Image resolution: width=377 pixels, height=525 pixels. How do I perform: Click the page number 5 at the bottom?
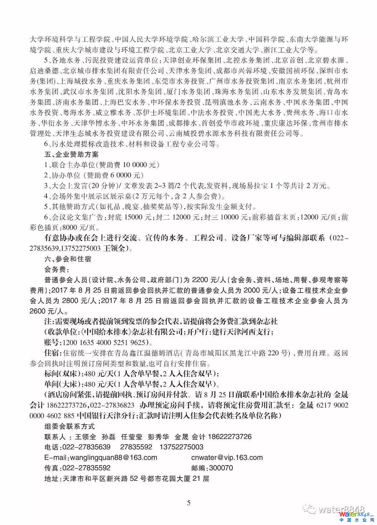pyautogui.click(x=188, y=503)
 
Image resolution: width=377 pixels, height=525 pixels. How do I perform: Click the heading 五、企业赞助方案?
pyautogui.click(x=71, y=154)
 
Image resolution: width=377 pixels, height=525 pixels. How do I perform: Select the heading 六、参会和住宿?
pyautogui.click(x=67, y=259)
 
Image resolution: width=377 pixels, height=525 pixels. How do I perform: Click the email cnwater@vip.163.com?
pyautogui.click(x=227, y=458)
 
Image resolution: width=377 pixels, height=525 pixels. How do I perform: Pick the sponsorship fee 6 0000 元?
pyautogui.click(x=125, y=176)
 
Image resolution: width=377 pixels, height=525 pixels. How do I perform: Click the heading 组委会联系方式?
pyautogui.click(x=69, y=426)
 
